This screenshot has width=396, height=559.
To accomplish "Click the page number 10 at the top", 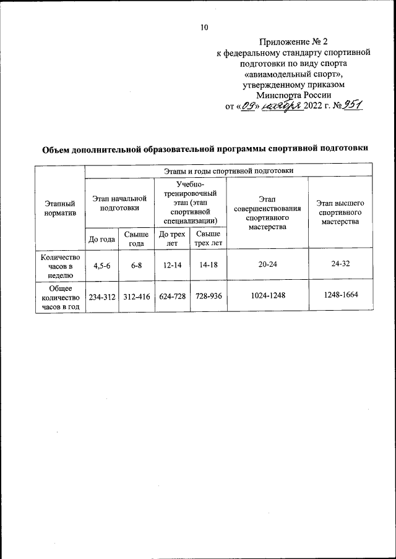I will point(205,27).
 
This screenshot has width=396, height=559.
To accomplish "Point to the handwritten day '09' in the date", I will point(249,106).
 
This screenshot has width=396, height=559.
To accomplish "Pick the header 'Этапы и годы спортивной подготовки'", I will point(228,170).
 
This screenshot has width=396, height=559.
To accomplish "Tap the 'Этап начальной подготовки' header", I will point(119,203).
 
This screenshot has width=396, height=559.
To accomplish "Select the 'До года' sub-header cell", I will point(101,239).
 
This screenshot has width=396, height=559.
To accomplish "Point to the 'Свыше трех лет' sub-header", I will point(207,238).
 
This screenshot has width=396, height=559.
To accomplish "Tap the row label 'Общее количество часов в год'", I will point(60,296).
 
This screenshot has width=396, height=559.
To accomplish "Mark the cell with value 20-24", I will point(267,264).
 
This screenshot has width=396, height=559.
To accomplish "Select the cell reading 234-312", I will point(101,296).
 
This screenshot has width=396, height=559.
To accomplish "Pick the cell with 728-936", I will point(207,296).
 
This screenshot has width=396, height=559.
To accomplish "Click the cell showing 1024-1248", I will point(267,295).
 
